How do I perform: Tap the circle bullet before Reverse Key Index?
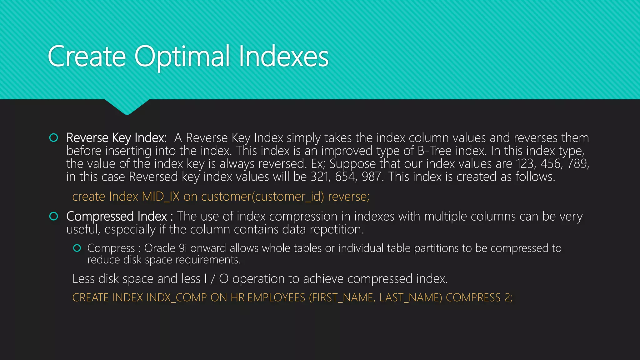click(54, 138)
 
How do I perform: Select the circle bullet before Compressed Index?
click(54, 216)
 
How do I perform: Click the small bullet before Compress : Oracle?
click(77, 248)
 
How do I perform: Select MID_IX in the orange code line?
click(161, 197)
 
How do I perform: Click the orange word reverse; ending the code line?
click(348, 197)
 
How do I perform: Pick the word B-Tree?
click(434, 151)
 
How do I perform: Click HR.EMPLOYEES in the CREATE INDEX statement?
click(268, 297)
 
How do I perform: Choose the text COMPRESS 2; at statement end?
click(479, 297)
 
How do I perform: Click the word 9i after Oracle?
click(183, 248)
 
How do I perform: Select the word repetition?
click(337, 230)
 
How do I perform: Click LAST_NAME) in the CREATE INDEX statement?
click(411, 297)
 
